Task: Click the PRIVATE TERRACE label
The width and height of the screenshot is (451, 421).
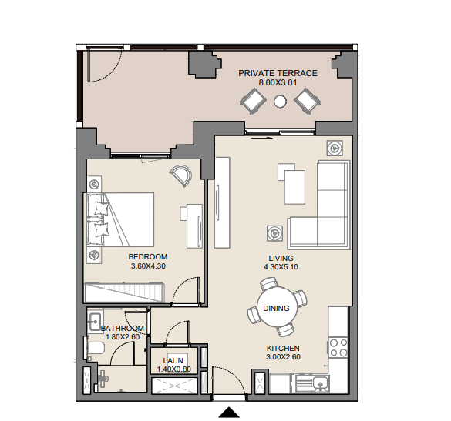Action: [278, 73]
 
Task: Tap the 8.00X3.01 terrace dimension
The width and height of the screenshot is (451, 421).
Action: [278, 82]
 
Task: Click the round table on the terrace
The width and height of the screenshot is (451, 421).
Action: [280, 102]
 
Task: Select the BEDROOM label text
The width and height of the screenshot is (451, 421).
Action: [148, 256]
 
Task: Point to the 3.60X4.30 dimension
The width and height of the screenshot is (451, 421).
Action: [148, 266]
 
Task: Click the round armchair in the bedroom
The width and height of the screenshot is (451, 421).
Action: [181, 176]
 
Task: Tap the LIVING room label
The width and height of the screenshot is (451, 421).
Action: [281, 258]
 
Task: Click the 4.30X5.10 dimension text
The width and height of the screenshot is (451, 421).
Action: [281, 267]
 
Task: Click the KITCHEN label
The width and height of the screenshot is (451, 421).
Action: [283, 349]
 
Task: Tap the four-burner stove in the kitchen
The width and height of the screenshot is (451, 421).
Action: [338, 348]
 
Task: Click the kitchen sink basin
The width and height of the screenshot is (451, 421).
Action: [318, 383]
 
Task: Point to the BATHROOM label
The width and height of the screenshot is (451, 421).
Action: [123, 328]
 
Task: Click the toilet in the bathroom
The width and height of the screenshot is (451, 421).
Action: [94, 348]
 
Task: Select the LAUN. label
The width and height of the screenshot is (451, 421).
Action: [174, 360]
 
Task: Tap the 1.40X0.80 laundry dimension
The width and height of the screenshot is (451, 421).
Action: [174, 369]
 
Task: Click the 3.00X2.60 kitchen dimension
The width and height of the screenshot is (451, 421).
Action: [283, 357]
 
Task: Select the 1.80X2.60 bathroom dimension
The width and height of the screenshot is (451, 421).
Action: [123, 336]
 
